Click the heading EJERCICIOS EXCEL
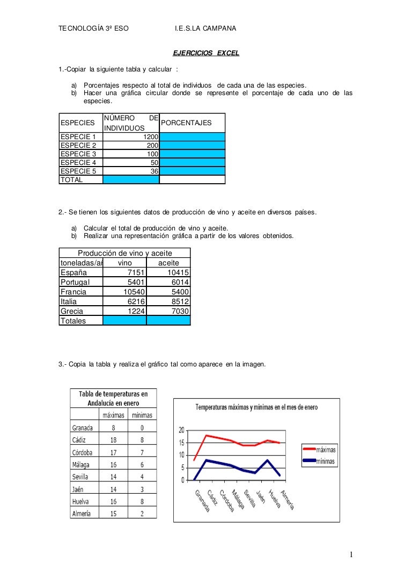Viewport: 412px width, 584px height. click(205, 53)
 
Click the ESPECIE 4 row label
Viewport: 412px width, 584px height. click(78, 162)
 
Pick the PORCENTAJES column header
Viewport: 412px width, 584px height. click(186, 123)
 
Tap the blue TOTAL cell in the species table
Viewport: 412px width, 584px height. click(130, 180)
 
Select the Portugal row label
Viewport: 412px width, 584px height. click(76, 282)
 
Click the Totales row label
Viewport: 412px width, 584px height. click(73, 321)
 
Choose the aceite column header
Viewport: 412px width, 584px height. click(168, 263)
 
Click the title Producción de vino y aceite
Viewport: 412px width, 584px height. click(124, 253)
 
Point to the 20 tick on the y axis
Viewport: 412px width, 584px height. click(181, 430)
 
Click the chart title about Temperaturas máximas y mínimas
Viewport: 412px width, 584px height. click(256, 407)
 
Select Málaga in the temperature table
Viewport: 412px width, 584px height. click(81, 464)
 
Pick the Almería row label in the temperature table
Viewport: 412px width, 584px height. click(81, 513)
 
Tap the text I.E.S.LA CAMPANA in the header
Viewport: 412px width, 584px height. click(205, 28)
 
